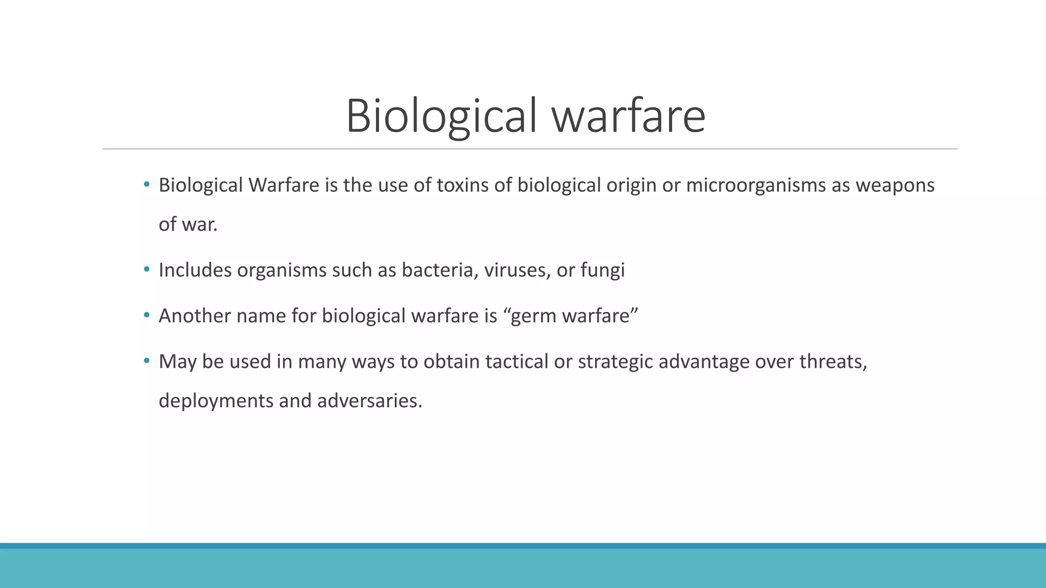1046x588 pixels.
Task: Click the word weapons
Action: pyautogui.click(x=895, y=185)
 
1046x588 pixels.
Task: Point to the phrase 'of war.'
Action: pyautogui.click(x=188, y=225)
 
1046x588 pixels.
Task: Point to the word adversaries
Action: pyautogui.click(x=369, y=401)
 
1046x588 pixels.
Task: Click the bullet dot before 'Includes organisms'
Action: pyautogui.click(x=147, y=269)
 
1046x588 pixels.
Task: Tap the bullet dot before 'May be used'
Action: pyautogui.click(x=147, y=361)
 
